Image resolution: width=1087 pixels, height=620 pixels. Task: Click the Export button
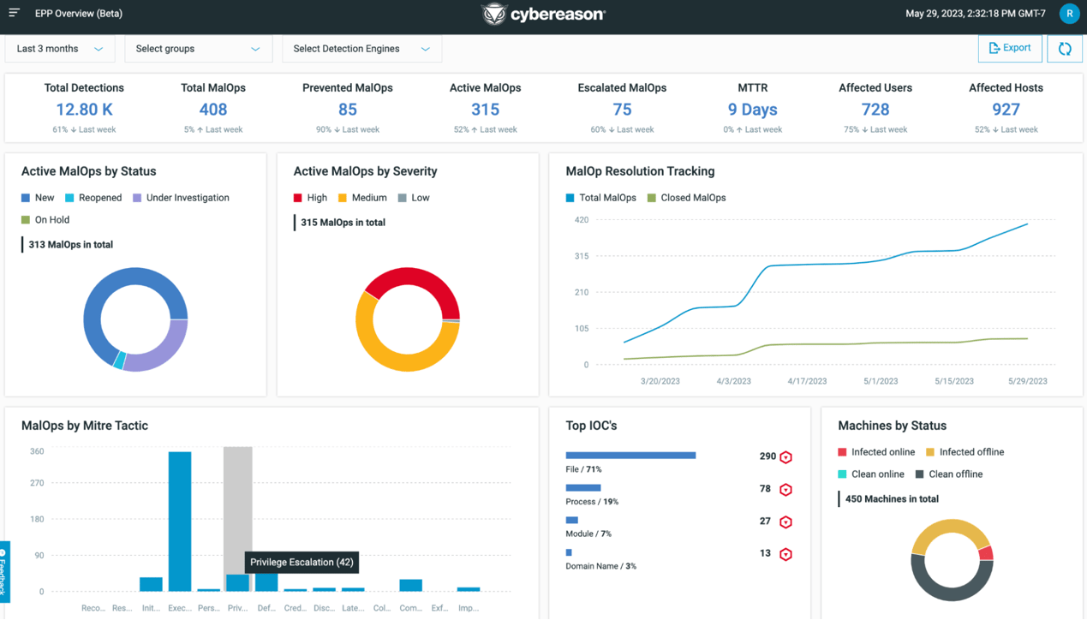[1010, 49]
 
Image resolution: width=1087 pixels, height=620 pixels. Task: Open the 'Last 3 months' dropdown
[60, 49]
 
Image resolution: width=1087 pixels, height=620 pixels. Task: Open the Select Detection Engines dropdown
[361, 49]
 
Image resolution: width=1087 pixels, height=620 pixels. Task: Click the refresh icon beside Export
[1065, 49]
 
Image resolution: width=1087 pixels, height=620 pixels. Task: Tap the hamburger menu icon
[15, 13]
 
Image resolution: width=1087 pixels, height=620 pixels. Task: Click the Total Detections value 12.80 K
[84, 110]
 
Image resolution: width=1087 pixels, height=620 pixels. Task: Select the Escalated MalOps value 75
[622, 110]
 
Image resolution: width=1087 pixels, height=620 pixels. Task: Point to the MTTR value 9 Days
[752, 110]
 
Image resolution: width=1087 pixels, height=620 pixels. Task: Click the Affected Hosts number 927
[1006, 110]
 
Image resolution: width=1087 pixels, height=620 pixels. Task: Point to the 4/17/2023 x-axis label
[807, 381]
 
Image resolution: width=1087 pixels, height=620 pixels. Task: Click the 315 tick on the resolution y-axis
[582, 256]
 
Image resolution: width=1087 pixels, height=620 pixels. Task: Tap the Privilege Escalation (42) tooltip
[302, 563]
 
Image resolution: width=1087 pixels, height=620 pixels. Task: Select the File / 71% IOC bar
[630, 456]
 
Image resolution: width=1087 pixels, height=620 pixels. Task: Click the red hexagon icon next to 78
[785, 490]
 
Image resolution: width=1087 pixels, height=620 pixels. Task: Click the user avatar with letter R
[1069, 14]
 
